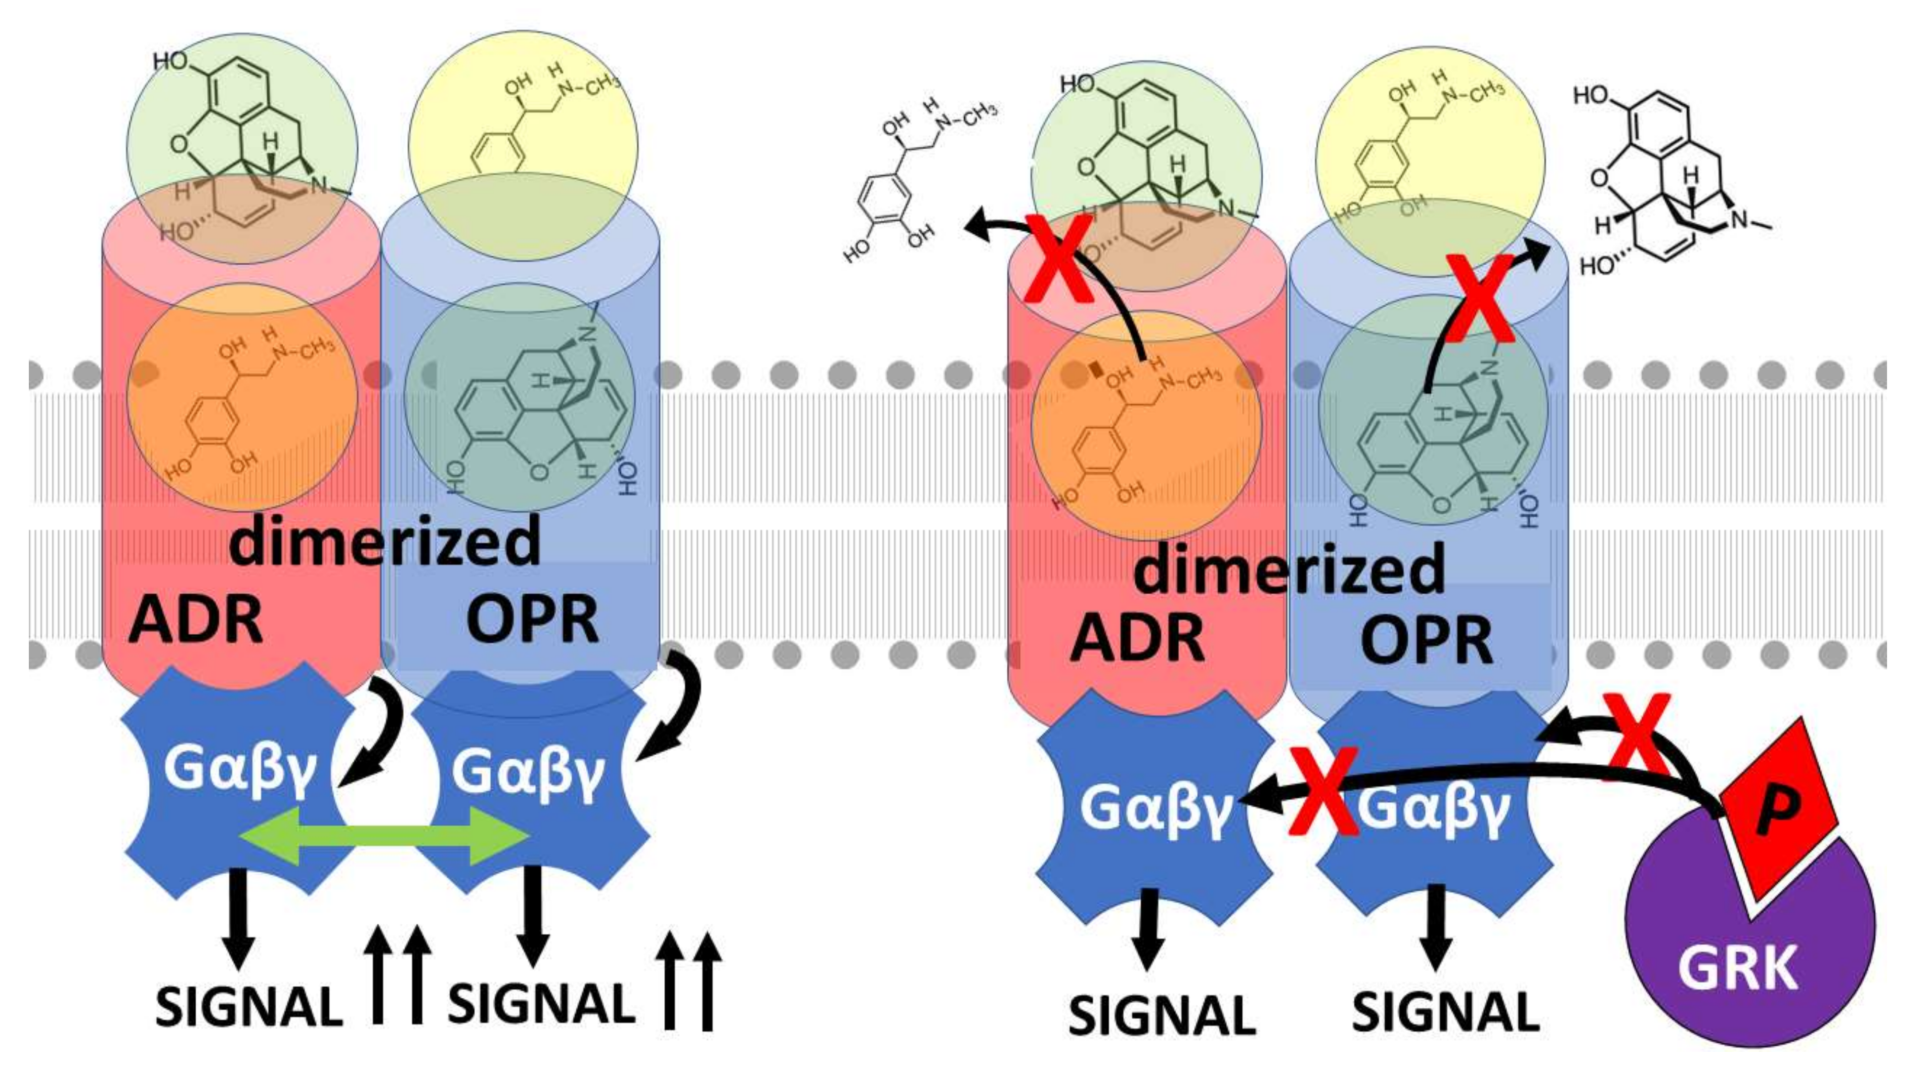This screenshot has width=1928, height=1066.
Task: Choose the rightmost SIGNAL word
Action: point(1445,1012)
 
